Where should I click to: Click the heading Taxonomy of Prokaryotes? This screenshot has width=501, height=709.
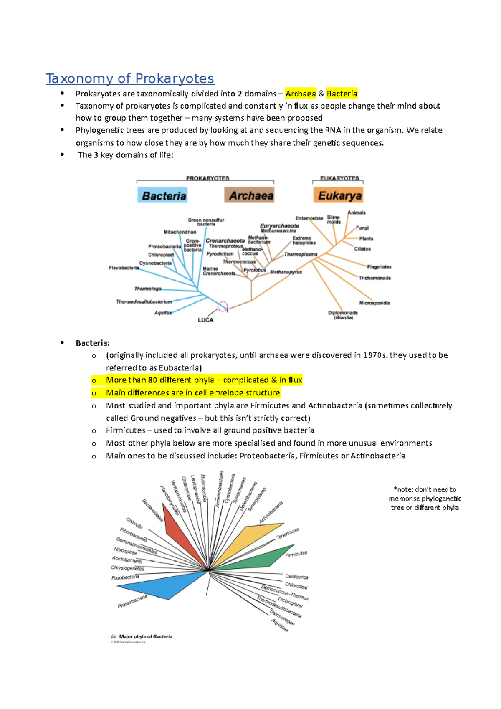129,78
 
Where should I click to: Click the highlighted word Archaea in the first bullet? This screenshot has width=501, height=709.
301,94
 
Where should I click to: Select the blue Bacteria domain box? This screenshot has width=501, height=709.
162,195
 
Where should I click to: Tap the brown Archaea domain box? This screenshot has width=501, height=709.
250,195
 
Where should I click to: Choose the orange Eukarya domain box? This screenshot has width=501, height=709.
339,195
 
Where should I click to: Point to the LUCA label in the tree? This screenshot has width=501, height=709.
205,320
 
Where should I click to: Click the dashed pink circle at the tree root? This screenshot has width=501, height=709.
223,307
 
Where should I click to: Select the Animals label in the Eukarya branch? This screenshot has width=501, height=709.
357,213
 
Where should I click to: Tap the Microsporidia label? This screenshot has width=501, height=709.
374,303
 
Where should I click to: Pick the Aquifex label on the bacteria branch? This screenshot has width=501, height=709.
163,313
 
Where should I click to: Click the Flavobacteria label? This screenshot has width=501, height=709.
124,268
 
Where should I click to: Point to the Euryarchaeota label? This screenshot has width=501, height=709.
279,225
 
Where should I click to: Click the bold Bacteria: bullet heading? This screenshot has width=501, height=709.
93,343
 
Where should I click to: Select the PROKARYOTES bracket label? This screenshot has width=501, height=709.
207,178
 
